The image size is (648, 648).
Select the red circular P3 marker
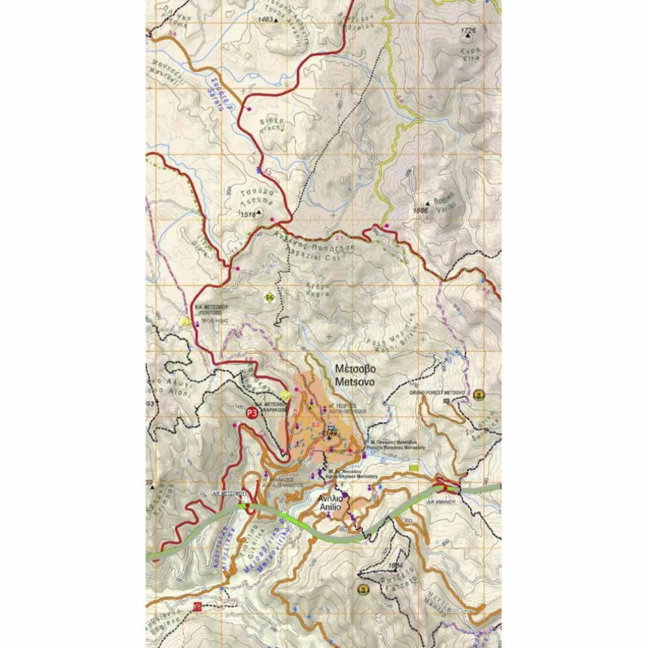coord(251,413)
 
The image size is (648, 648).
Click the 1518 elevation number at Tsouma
coord(248,214)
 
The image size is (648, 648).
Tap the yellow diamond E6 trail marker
coord(269,297)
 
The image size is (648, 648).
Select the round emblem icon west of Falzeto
coord(362,589)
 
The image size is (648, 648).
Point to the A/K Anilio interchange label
coord(460,501)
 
